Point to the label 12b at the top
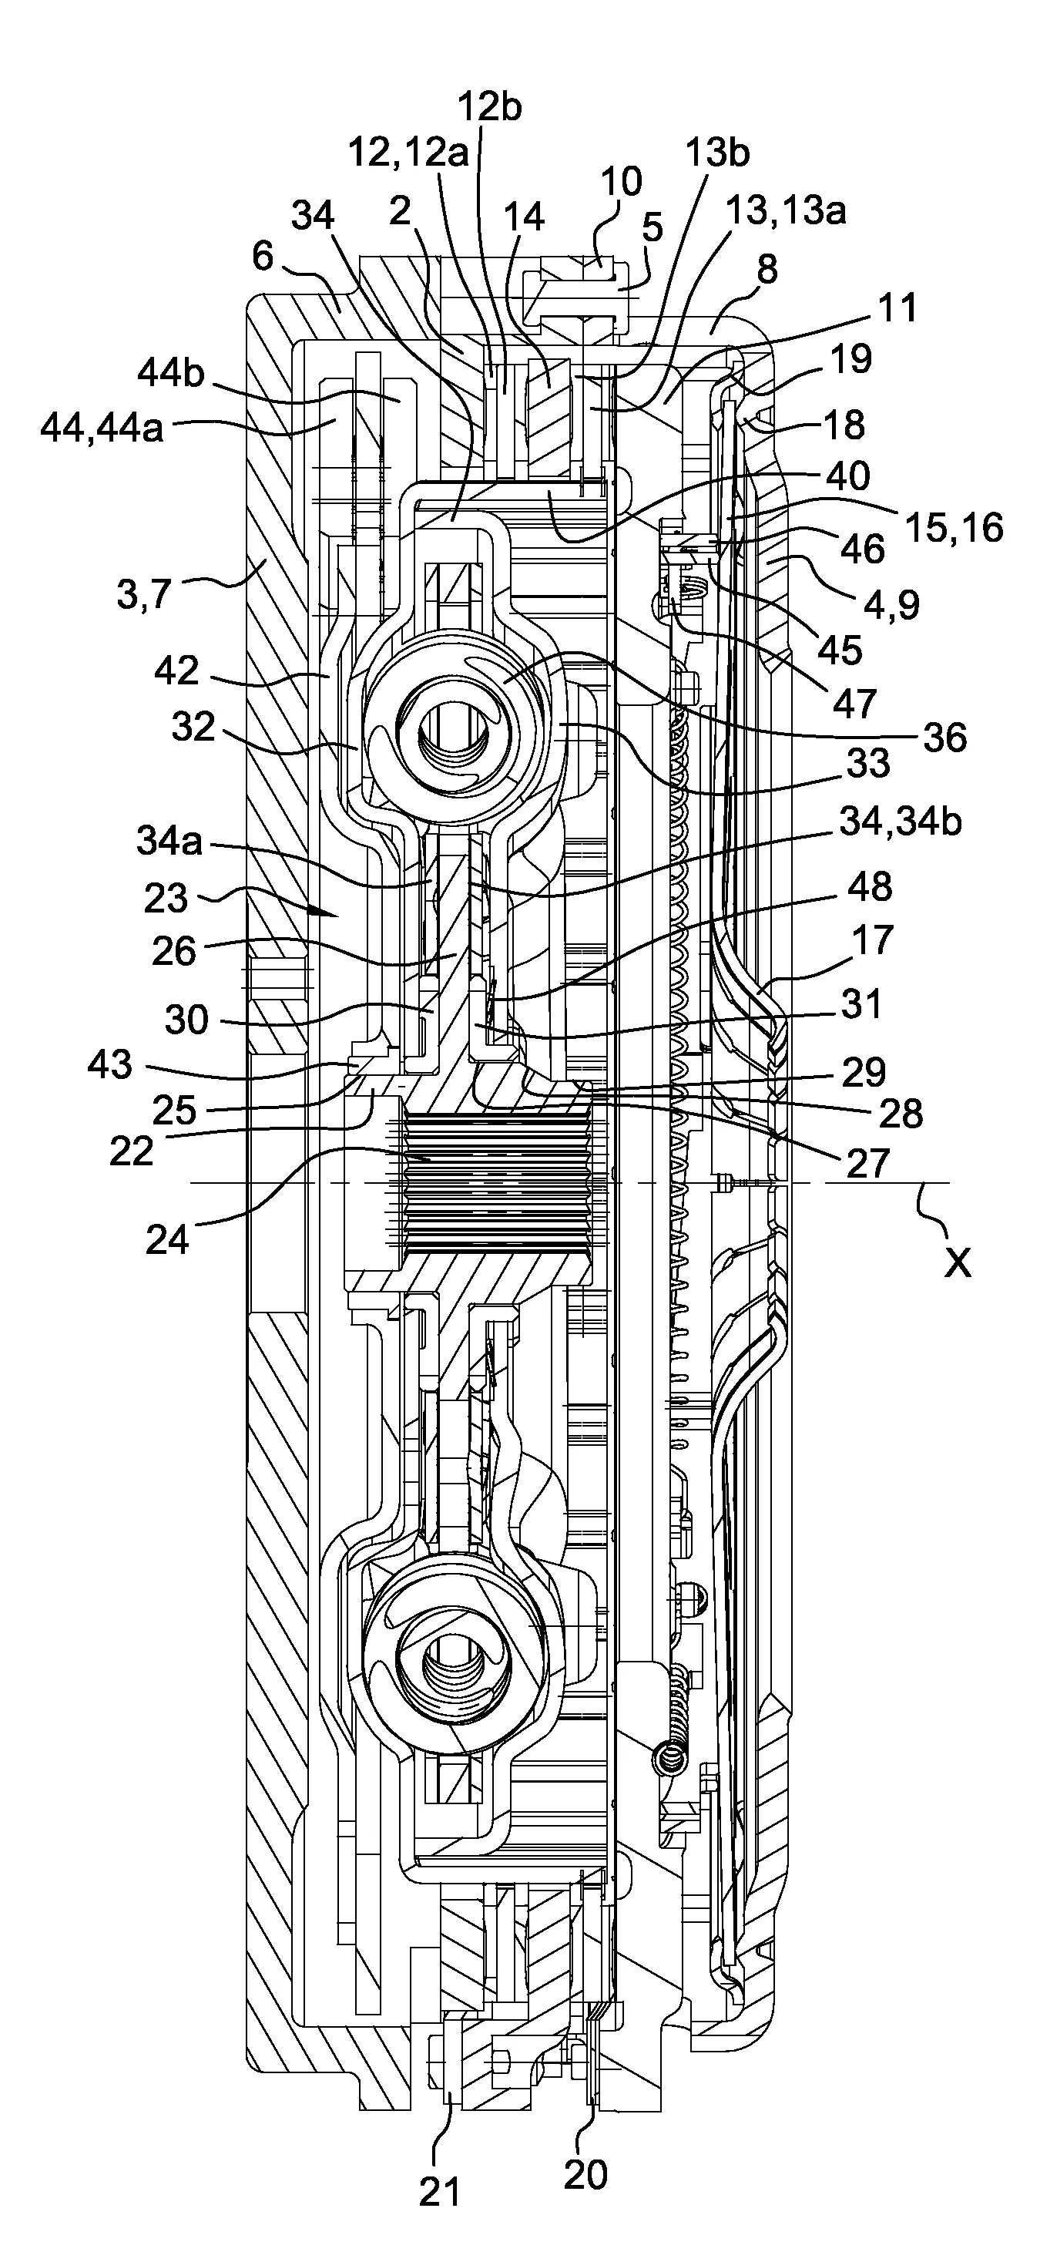click(490, 106)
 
